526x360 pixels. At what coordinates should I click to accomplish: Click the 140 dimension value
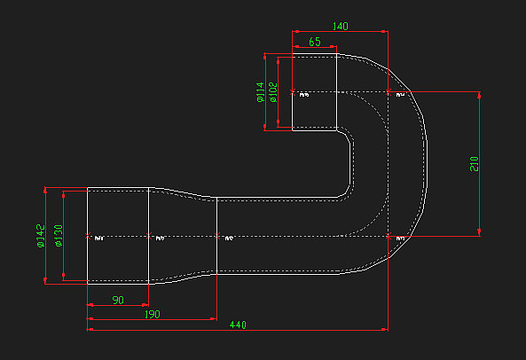coord(340,27)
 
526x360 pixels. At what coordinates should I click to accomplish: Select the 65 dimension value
coord(315,42)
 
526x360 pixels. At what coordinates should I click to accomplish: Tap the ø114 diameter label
coord(261,92)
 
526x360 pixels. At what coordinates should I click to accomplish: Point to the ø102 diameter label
coord(273,92)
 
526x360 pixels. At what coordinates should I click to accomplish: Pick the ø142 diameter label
coord(41,237)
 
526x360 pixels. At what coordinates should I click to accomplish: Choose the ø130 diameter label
coord(59,237)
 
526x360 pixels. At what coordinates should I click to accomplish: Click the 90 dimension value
coord(118,301)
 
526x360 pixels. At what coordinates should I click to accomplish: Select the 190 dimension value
coord(152,314)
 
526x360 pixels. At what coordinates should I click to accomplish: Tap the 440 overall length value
coord(238,325)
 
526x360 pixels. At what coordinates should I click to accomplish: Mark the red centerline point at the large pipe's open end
coord(87,237)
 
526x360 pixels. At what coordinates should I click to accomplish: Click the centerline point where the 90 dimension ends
coord(149,237)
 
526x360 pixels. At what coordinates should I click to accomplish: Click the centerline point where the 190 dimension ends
coord(216,237)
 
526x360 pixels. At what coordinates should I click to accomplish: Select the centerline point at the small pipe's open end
coord(294,92)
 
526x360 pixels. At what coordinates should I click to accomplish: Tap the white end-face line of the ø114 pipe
coord(294,111)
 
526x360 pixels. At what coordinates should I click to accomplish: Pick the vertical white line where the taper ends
coord(216,257)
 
